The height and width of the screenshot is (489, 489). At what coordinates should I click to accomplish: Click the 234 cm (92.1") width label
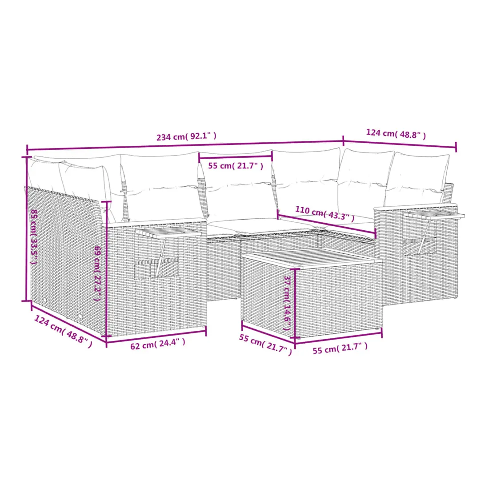coord(186,136)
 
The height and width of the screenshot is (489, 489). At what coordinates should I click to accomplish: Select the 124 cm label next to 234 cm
coord(396,134)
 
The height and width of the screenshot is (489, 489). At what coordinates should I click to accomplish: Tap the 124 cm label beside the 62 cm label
coord(63,331)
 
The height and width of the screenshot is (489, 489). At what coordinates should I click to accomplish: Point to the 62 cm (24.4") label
coord(158,343)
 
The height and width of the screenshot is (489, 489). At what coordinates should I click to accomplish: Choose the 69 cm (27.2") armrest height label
coord(98,273)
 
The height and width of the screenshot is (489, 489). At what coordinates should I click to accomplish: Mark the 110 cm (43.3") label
coord(325,213)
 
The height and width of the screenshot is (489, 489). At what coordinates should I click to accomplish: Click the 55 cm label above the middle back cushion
coord(236,166)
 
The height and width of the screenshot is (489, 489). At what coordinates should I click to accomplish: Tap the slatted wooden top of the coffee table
coord(312,257)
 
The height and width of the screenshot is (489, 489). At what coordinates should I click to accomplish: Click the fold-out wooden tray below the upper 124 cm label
coord(434,215)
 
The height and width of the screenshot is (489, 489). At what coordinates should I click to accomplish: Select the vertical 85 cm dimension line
coord(26,229)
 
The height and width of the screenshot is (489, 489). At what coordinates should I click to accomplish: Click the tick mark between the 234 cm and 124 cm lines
coord(343,141)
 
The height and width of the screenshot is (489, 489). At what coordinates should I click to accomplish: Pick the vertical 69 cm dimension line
coord(107,269)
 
